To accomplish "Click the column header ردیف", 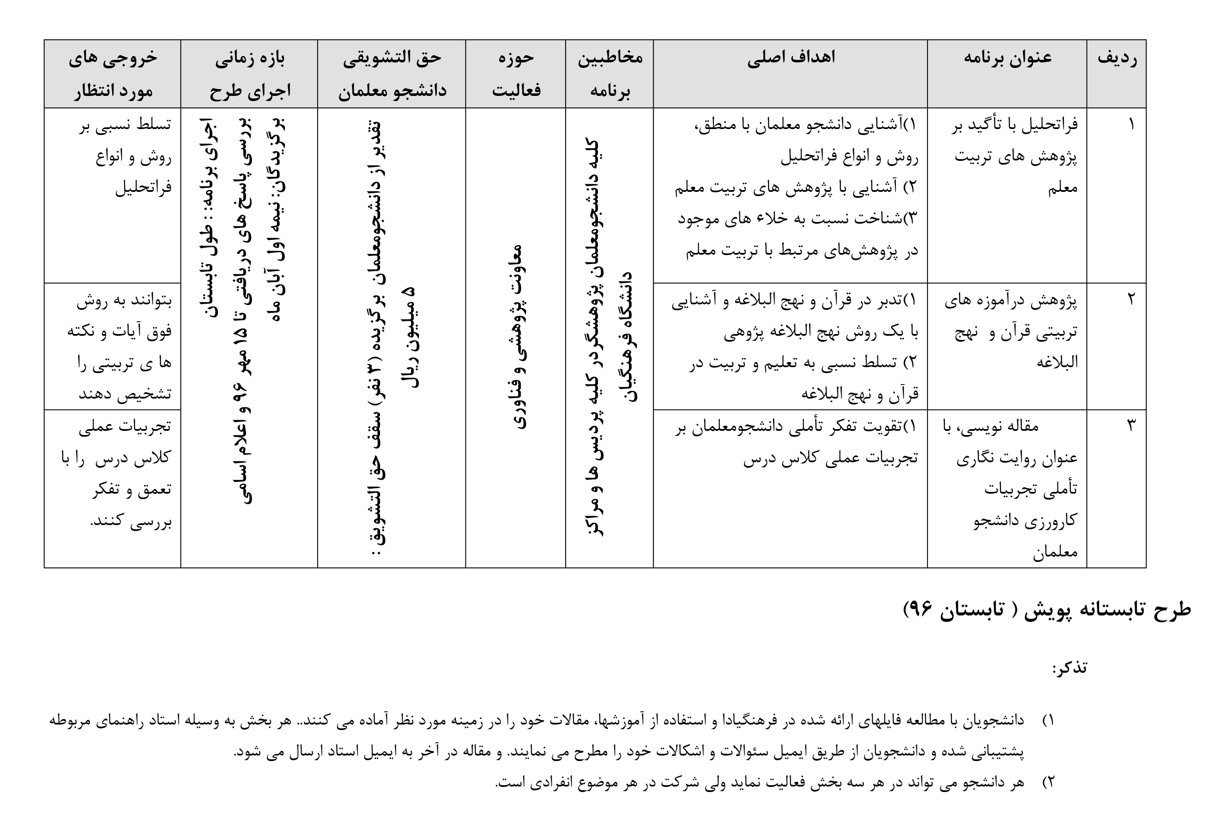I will pos(1117,58).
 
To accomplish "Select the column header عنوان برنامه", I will pos(1007,58).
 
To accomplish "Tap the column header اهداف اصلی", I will pos(790,58).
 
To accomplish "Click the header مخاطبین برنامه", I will pos(609,74).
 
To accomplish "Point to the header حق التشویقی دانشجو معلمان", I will pos(392,74).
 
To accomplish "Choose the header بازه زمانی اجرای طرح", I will pos(249,74).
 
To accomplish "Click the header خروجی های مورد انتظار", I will pos(112,74).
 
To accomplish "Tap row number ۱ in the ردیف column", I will pos(1131,125).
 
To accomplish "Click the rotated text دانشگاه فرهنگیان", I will pos(628,336).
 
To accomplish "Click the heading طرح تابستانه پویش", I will pos(1047,609).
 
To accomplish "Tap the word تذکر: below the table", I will pos(1069,668).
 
